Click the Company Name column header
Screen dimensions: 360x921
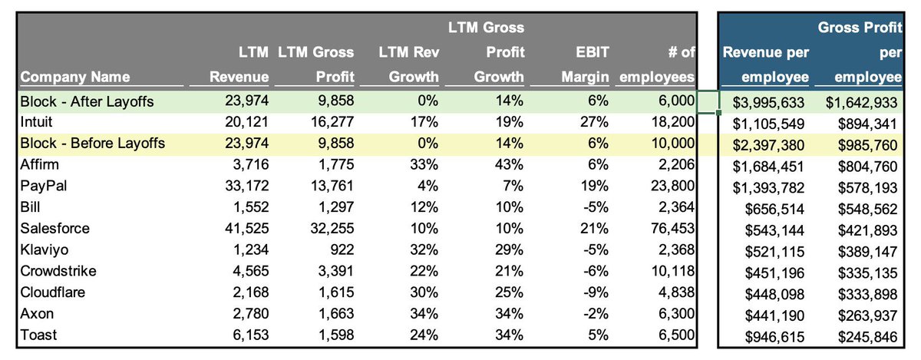(74, 77)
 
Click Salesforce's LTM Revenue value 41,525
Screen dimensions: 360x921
(243, 229)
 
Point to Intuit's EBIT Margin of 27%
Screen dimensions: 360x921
(595, 121)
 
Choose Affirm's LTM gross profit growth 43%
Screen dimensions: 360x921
(510, 164)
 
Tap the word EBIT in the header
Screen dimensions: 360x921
(593, 52)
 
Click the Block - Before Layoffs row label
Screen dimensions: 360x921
(91, 143)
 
